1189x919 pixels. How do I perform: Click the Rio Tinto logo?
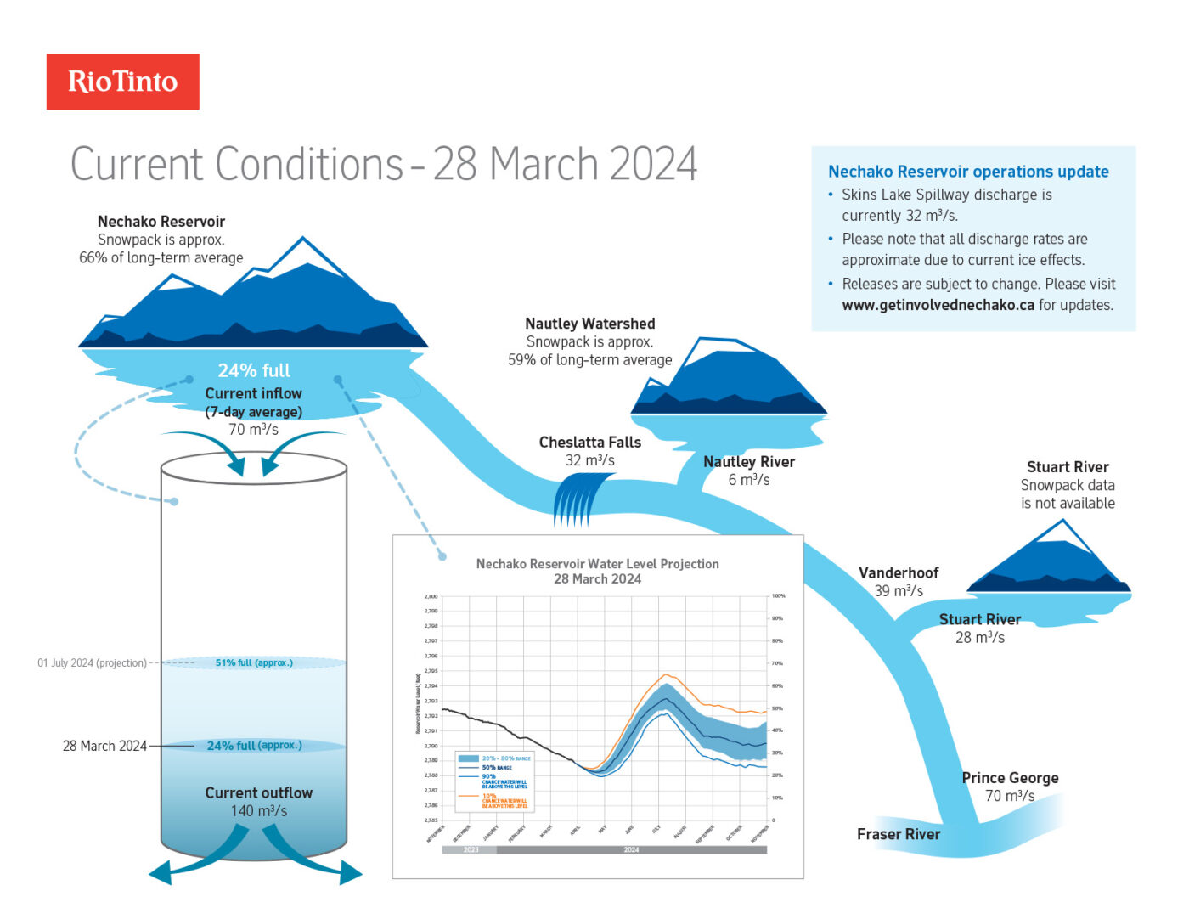click(x=122, y=82)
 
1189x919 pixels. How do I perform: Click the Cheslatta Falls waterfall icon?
click(x=582, y=499)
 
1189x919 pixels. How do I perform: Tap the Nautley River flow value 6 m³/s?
click(x=748, y=480)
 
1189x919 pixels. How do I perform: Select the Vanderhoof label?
click(x=899, y=572)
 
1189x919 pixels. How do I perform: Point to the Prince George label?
click(x=1010, y=777)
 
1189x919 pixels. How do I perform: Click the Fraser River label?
click(x=899, y=834)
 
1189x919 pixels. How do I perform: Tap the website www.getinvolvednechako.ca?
click(x=938, y=305)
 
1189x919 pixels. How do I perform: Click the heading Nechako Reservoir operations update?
click(x=968, y=172)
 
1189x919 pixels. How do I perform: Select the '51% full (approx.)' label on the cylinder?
click(x=254, y=662)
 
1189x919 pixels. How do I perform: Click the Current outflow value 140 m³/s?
click(x=258, y=811)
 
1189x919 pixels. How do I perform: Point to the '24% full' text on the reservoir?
click(x=254, y=370)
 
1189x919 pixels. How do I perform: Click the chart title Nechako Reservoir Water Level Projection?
click(x=597, y=563)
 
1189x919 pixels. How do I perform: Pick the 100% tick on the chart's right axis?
click(x=778, y=596)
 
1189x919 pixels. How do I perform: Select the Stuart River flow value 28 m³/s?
click(x=979, y=638)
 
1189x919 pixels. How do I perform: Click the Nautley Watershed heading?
click(x=589, y=324)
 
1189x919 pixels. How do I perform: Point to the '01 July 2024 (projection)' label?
click(x=92, y=662)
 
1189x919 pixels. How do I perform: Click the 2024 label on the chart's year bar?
click(x=631, y=849)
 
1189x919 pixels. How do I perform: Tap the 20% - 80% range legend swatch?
click(x=468, y=758)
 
